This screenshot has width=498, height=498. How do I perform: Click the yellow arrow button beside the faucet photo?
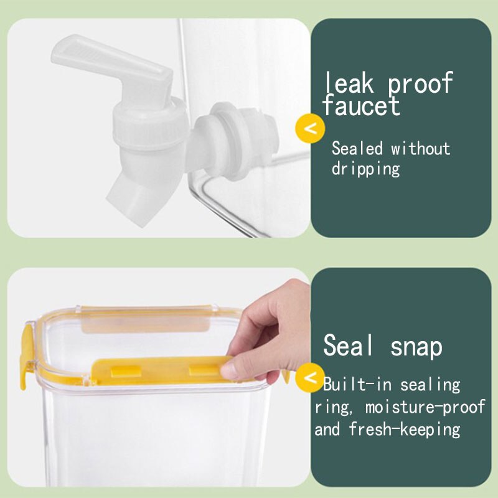coord(312,129)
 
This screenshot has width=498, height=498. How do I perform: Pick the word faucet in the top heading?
coord(361,106)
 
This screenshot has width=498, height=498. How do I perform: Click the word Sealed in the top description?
coord(357,149)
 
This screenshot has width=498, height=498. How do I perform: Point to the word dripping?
coord(365,169)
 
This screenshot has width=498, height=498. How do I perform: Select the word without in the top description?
coord(420,149)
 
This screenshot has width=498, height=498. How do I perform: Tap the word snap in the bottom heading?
coord(416,346)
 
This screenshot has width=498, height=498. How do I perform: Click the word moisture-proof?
coord(425,408)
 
